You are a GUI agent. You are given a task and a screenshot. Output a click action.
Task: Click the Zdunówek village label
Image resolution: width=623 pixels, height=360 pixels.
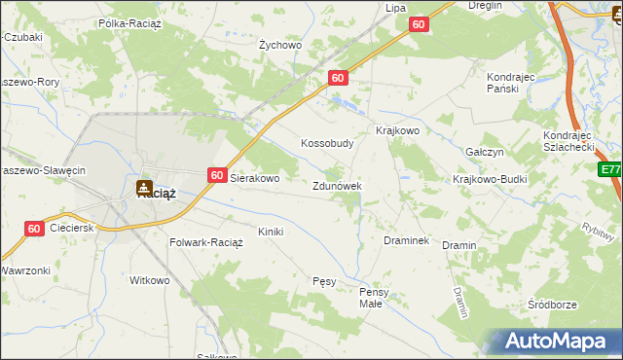coord(338,185)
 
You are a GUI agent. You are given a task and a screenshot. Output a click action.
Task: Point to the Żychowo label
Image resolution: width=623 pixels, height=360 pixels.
coord(280,45)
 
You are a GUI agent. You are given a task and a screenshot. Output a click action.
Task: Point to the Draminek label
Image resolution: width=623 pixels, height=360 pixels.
coord(407,239)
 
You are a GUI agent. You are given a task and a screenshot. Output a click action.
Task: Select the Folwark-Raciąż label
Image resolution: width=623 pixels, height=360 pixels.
coord(206,242)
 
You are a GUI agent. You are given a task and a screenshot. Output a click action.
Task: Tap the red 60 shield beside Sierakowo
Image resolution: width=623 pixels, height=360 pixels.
coord(217,176)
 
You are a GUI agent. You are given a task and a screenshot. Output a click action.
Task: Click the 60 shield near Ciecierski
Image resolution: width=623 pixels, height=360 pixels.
coord(34,229)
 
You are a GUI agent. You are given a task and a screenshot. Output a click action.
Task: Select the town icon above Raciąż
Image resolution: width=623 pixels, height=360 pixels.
coord(144,186)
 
